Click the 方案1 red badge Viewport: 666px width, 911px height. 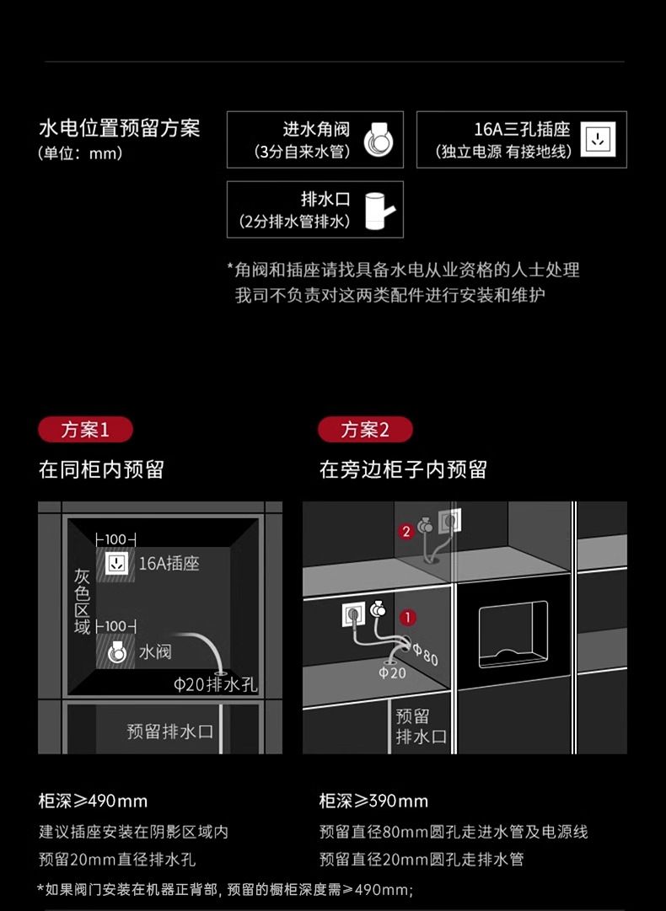pos(85,430)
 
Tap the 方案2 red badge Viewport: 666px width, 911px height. pos(365,430)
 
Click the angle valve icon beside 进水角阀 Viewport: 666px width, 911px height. pos(379,139)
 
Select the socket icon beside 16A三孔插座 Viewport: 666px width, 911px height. pos(598,139)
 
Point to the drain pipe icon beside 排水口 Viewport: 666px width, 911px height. pos(379,211)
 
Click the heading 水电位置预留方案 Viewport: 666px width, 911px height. pos(119,128)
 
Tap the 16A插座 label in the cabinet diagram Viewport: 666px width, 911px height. pos(169,563)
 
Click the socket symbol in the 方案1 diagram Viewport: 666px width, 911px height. pos(118,563)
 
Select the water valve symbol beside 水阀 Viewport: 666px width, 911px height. pos(117,652)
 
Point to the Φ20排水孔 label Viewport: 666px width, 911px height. pos(215,683)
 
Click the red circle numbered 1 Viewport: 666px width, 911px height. pos(408,617)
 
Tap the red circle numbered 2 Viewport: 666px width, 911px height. pos(406,531)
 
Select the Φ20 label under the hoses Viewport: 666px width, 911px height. pos(392,673)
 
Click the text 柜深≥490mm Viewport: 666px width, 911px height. pos(93,801)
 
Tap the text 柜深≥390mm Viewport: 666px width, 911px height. pos(373,801)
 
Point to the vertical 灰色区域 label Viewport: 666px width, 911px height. pos(82,602)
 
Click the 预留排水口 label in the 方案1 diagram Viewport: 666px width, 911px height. pos(169,731)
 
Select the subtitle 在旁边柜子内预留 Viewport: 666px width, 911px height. pos(403,469)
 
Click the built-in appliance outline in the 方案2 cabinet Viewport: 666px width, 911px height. pos(513,635)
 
